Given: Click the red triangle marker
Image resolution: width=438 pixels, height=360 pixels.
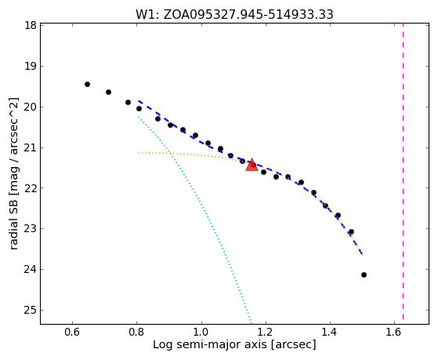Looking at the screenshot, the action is pos(252,165).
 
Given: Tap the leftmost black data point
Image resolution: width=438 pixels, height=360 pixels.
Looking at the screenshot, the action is pos(87,84).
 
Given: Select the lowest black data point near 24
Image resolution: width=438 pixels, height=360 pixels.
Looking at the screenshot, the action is pos(364,275).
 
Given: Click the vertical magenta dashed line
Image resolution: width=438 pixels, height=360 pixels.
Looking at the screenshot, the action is pos(403,172).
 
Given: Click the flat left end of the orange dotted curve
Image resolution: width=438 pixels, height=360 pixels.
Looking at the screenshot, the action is pos(139,153).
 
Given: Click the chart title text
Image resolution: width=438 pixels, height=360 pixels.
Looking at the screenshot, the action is pos(234,15).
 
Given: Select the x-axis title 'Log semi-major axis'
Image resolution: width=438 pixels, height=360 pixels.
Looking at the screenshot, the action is pos(209,344).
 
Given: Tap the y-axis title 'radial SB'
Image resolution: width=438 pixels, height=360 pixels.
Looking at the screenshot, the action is pos(13,221).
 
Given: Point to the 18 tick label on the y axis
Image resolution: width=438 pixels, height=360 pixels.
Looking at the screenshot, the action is pos(31,25).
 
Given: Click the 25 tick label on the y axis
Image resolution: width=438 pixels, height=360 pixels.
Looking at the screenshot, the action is pos(31,311).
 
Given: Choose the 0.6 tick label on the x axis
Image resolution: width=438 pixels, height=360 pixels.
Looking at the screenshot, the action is pos(72,332).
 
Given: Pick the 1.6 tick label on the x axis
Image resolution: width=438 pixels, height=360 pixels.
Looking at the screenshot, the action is pos(394,332).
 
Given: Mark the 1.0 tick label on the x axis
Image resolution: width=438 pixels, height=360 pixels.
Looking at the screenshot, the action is pos(201,332).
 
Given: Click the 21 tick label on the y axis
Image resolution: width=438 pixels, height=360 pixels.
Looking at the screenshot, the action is pos(31,147).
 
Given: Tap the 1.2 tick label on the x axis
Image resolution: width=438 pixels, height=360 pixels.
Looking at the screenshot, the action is pos(266,332).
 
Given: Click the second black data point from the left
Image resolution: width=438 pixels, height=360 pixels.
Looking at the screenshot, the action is pos(108,92).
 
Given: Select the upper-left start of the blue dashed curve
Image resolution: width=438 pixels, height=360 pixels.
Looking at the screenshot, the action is pos(139,100).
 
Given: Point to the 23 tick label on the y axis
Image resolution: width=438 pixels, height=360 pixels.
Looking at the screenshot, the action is pos(31,229).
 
